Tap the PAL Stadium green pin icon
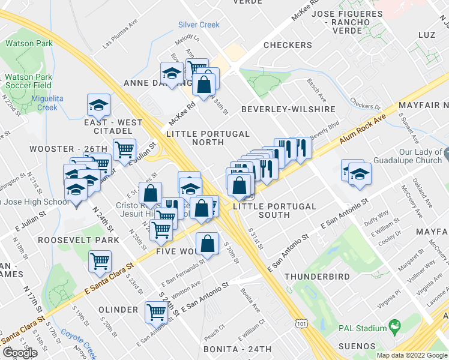click(394, 328)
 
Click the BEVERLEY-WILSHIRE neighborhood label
click(288, 110)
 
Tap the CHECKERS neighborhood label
click(288, 45)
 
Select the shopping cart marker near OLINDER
click(156, 311)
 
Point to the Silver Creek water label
click(199, 25)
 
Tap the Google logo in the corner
click(20, 353)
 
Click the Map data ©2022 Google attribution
click(412, 355)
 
